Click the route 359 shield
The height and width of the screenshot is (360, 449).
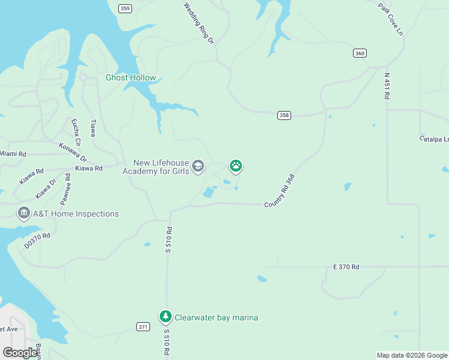[125, 8]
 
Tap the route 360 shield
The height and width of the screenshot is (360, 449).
[360, 53]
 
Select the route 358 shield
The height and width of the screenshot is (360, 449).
[284, 115]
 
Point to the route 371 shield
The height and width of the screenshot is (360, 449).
[143, 326]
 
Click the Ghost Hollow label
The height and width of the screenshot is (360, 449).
[131, 77]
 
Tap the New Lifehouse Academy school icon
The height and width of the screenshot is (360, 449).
[198, 166]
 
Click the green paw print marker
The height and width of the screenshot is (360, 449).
[236, 166]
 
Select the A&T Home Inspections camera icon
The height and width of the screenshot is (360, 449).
[24, 213]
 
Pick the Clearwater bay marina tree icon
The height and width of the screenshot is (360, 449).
[165, 316]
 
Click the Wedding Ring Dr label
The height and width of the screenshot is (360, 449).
[199, 23]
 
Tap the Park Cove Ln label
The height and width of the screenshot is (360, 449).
[391, 19]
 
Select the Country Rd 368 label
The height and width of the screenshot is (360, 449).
[280, 191]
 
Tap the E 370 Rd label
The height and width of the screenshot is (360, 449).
[346, 266]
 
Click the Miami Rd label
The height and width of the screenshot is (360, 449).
[13, 154]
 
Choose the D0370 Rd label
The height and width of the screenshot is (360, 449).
[37, 241]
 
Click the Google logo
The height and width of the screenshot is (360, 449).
[20, 353]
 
